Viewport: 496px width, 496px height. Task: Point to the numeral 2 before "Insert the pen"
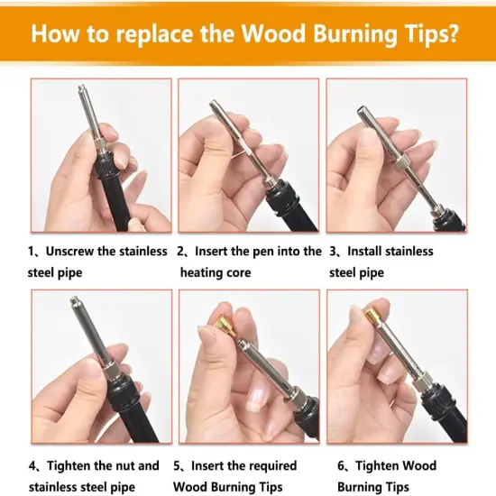[x=181, y=252]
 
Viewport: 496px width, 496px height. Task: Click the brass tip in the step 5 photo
[x=225, y=319]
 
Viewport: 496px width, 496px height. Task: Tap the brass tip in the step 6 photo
[x=370, y=317]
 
